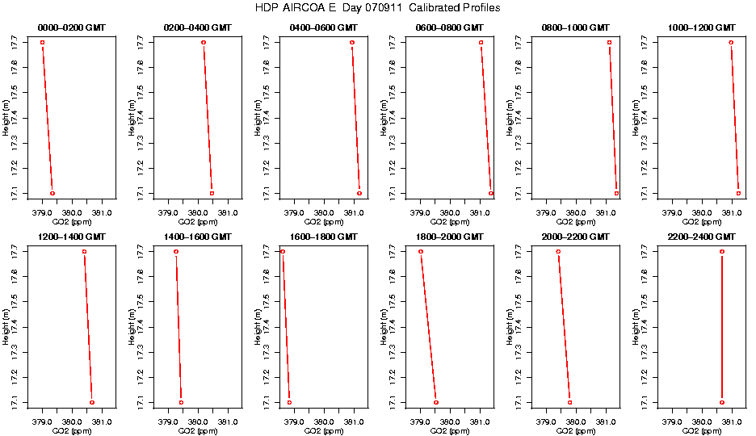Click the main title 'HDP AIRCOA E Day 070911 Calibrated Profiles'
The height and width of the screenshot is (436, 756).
(x=377, y=7)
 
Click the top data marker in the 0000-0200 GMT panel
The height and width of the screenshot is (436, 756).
(x=42, y=42)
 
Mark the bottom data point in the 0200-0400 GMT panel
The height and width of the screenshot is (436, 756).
(x=212, y=193)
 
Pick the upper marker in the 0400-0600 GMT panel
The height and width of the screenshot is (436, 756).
(x=352, y=42)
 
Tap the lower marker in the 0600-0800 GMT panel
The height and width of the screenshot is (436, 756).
(x=490, y=193)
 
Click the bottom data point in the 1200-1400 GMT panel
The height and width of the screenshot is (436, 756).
(x=92, y=402)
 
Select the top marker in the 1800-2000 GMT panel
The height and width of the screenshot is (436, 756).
(x=421, y=252)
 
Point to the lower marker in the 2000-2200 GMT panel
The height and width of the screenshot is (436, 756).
(x=569, y=402)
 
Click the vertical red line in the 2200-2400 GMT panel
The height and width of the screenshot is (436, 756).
(x=722, y=327)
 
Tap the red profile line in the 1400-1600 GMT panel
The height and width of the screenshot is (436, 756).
(x=178, y=327)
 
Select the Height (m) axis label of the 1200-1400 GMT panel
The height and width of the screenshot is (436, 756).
(x=6, y=326)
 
